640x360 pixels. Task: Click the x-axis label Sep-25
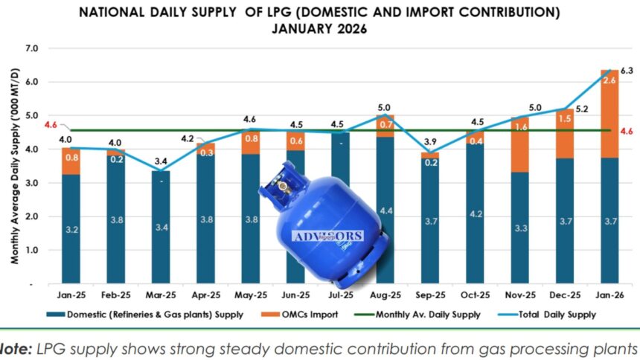(x=430, y=295)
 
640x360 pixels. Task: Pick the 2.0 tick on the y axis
(x=31, y=216)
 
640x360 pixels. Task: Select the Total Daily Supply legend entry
(x=554, y=315)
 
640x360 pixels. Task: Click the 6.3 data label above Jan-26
(x=627, y=71)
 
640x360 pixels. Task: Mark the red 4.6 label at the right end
(x=627, y=131)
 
